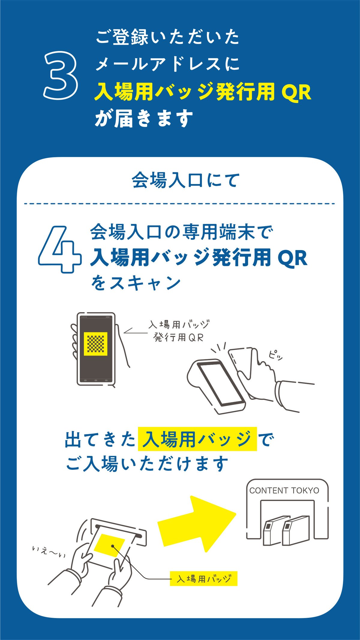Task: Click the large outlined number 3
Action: point(61,75)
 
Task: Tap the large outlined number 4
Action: point(59,250)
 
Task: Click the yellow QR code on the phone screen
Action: point(95,344)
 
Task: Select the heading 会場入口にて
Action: point(186,180)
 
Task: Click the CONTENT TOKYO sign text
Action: point(284,491)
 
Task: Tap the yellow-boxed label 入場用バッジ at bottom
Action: point(204,578)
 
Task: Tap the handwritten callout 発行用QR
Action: point(178,337)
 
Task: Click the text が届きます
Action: point(144,118)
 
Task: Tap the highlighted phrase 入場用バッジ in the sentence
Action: point(197,439)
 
